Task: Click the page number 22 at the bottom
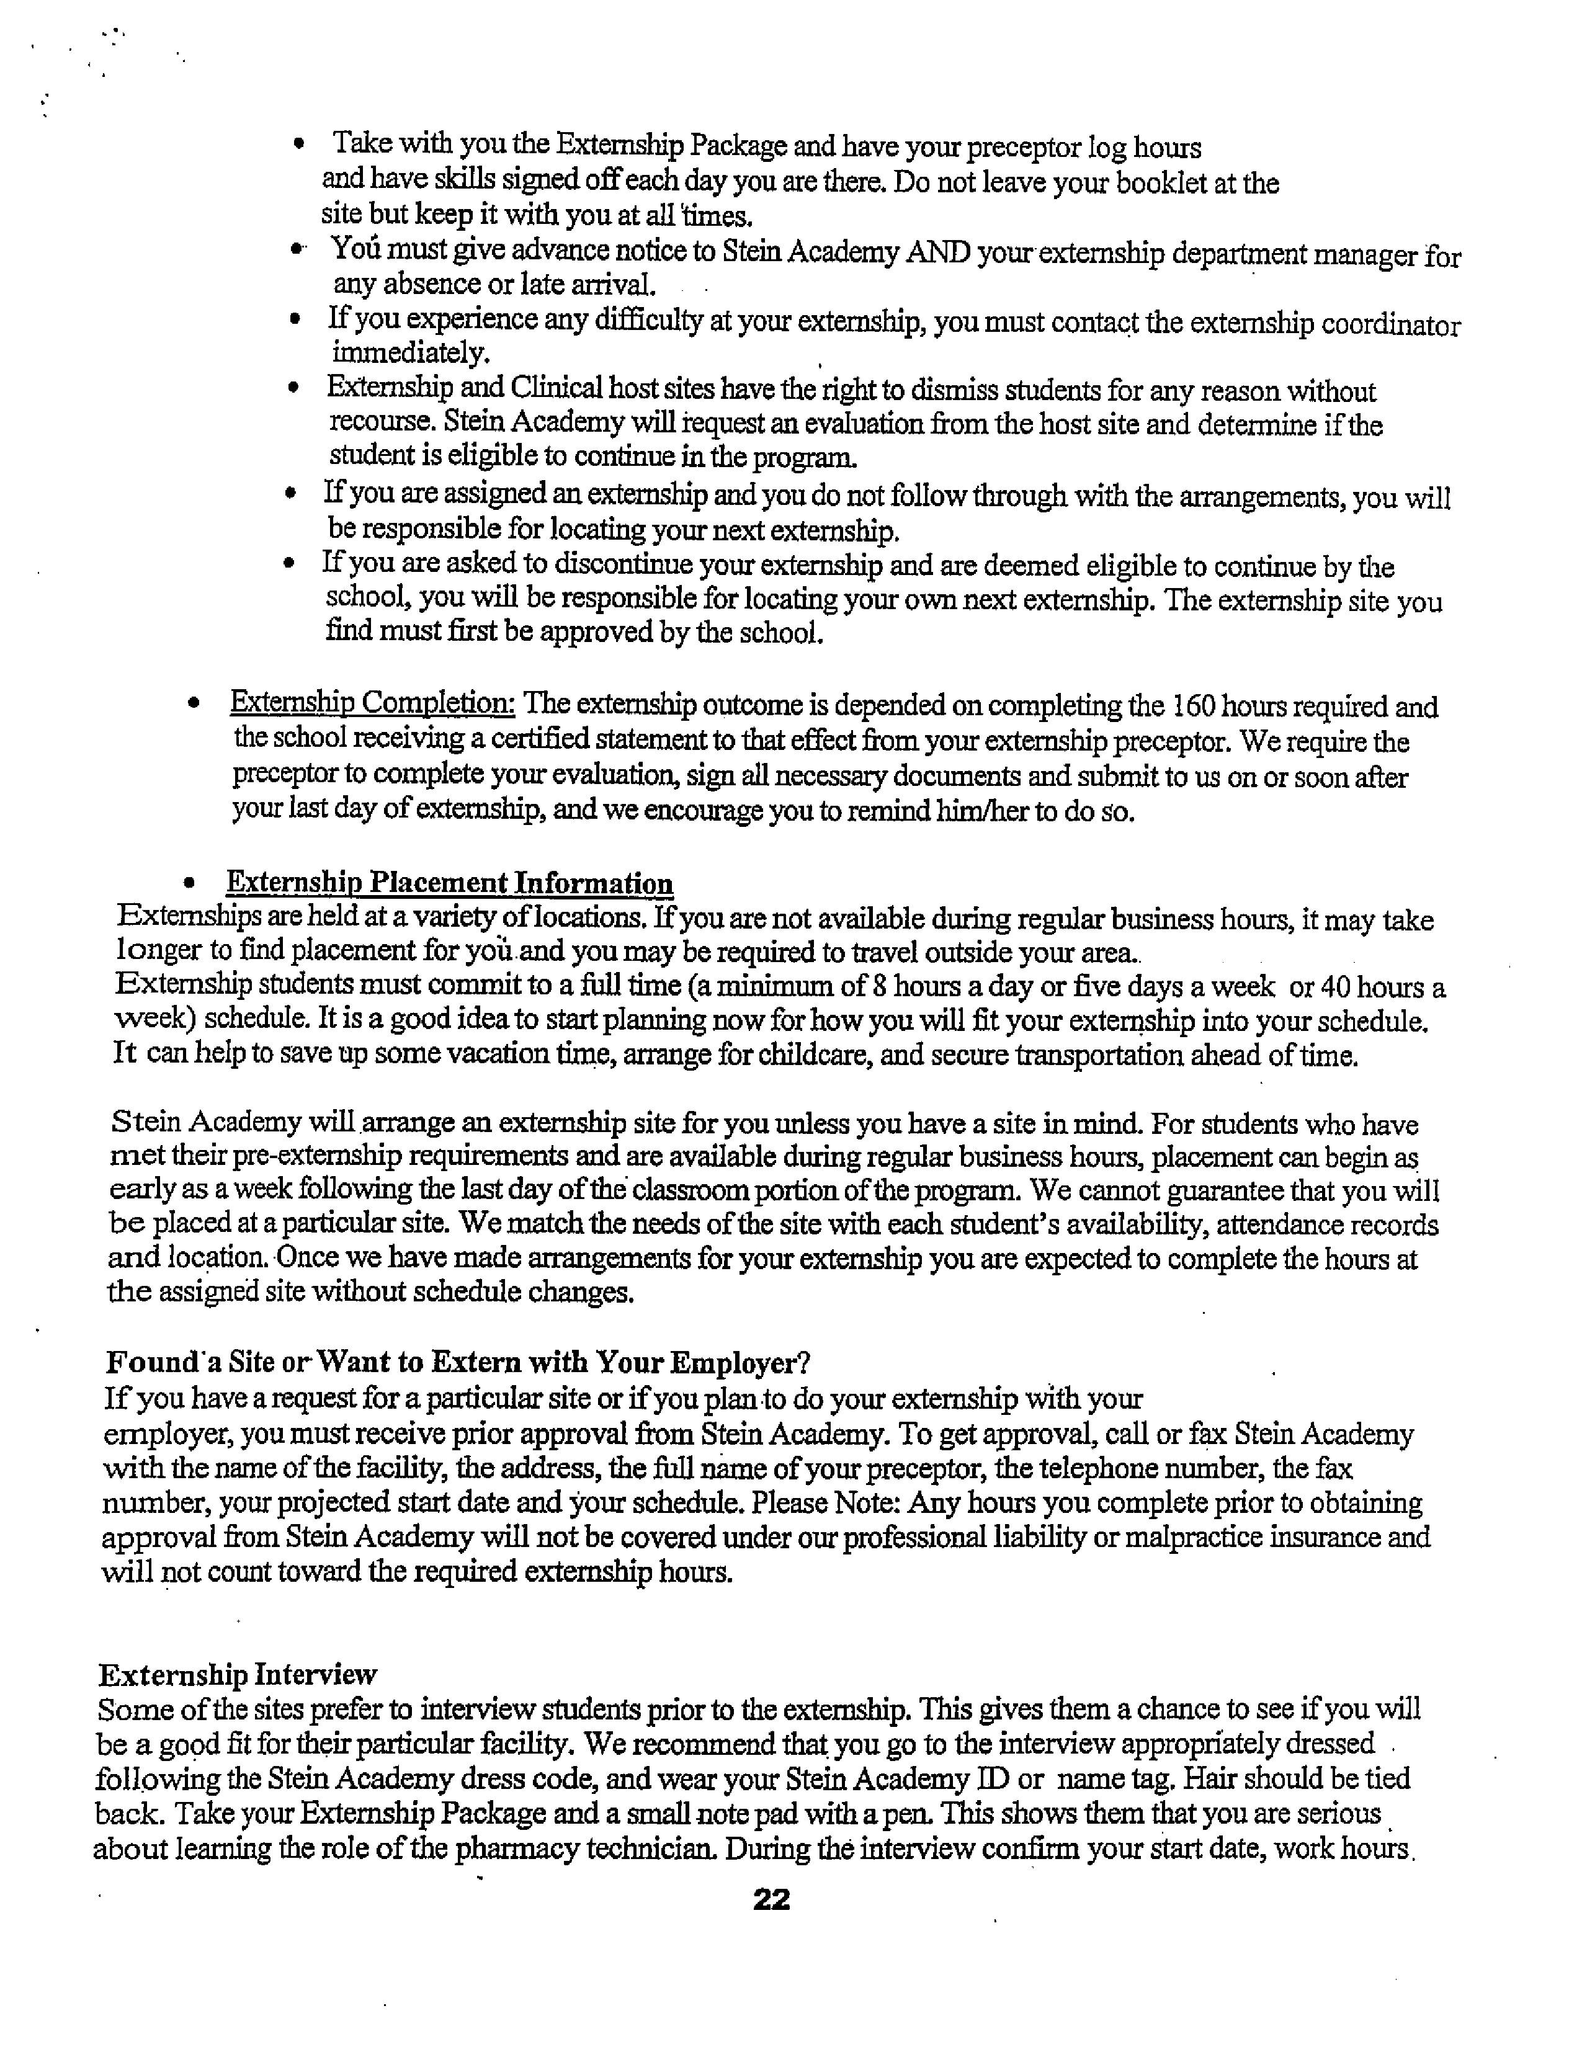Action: pos(771,1899)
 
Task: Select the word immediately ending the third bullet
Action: pos(411,354)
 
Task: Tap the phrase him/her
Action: pos(983,811)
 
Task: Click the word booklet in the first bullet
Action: pos(1161,183)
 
